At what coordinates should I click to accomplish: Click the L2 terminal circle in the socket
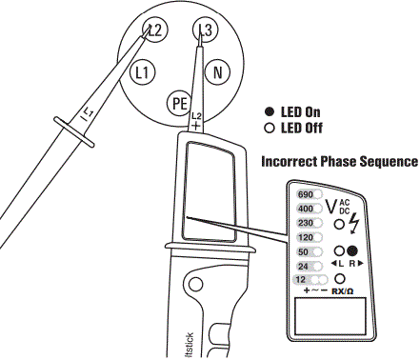click(x=157, y=31)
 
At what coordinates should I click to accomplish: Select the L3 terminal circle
click(x=203, y=30)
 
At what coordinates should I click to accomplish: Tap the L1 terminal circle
click(x=144, y=71)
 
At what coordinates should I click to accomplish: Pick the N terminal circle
click(x=218, y=71)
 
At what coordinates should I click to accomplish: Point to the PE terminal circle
click(x=179, y=102)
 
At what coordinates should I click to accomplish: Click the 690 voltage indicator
click(x=306, y=192)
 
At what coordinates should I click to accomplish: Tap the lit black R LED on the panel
click(x=351, y=250)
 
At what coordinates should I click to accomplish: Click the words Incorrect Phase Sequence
click(x=339, y=161)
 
